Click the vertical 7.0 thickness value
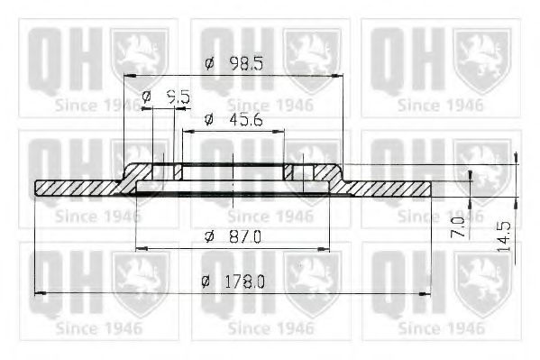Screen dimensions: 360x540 click(457, 226)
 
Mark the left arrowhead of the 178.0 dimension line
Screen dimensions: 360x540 click(38, 292)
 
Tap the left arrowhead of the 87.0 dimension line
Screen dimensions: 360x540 click(138, 246)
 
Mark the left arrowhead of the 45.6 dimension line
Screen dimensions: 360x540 click(187, 131)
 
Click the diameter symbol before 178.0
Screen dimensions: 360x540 click(206, 282)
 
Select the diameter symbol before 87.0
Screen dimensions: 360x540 click(208, 236)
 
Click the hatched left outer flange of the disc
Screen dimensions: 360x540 click(77, 188)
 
